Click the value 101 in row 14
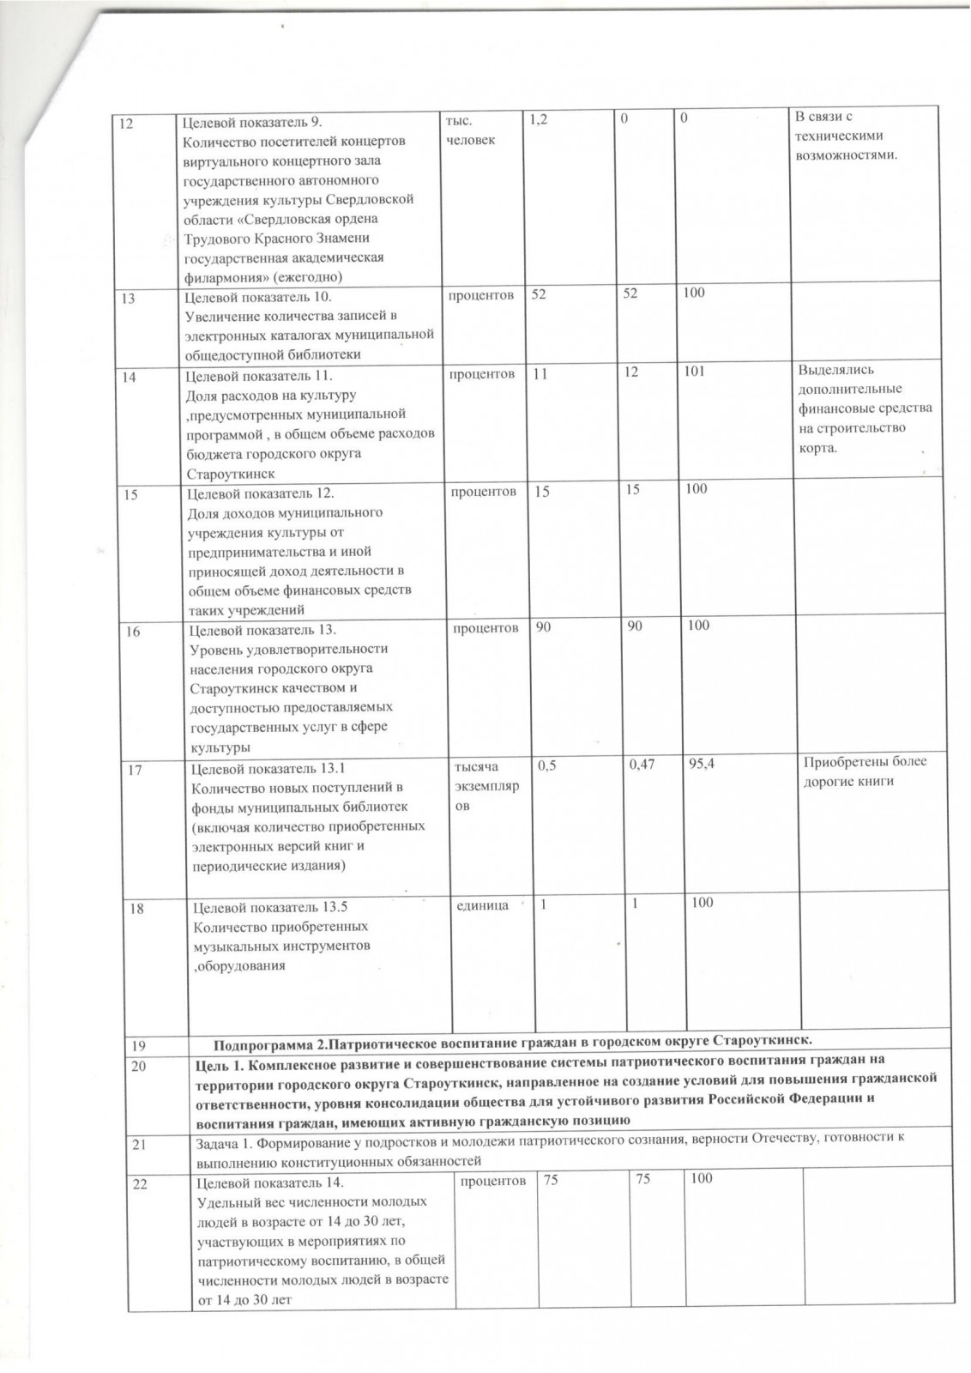coord(695,375)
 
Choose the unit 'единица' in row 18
coord(486,904)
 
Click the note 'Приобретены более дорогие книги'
coord(863,771)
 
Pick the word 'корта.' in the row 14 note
coord(817,448)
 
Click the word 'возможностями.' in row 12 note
coord(847,155)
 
